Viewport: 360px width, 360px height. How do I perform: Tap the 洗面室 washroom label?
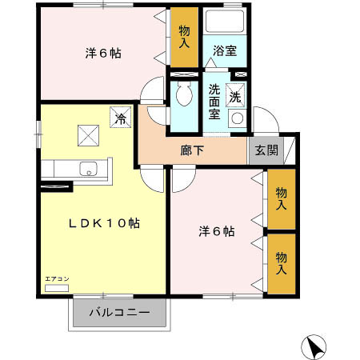tap(215, 102)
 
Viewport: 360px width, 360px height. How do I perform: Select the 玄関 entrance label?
tap(266, 150)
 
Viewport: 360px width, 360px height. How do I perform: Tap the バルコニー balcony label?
tap(119, 312)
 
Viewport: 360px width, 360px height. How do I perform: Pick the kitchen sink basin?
tap(89, 169)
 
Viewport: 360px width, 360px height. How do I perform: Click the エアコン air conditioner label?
tap(56, 278)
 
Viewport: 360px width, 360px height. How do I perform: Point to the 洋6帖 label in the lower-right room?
tap(217, 231)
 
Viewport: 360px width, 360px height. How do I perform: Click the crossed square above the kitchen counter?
tap(86, 135)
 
